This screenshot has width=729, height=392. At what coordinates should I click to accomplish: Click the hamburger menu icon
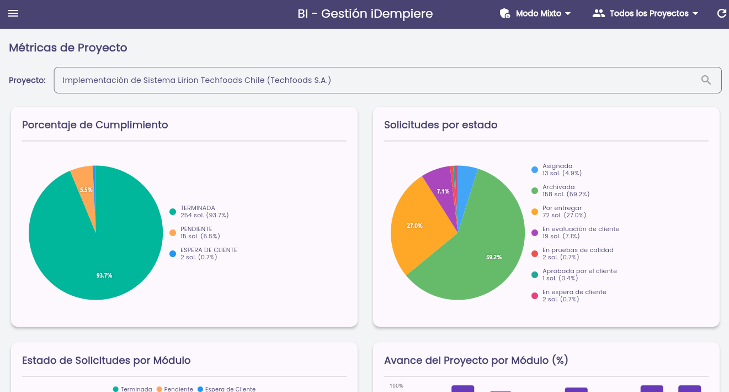coord(13,13)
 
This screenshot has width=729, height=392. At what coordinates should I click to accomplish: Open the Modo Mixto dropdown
coord(535,13)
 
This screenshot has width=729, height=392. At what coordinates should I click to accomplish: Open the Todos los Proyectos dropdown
coord(645,13)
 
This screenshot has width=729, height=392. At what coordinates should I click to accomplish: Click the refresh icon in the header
coord(721,13)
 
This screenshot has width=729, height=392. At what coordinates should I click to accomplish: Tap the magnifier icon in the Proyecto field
coord(706,80)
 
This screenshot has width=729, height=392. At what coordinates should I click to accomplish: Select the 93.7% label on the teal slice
coord(104,275)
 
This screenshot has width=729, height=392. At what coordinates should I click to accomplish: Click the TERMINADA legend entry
coord(199,212)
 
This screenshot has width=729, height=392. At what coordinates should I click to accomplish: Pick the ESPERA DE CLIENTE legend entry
coord(204,254)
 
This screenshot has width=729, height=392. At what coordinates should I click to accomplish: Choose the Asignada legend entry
coord(556,170)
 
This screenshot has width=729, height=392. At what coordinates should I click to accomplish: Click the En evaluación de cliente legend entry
coord(576,233)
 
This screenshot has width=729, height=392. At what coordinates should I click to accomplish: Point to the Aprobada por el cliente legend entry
coord(574,275)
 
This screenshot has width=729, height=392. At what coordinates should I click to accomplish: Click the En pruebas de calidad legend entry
coord(572,254)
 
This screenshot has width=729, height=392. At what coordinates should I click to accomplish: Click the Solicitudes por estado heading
coord(440,125)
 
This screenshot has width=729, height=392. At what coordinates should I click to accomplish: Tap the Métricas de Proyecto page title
coord(68,48)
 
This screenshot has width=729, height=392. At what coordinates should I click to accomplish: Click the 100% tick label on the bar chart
coord(396,386)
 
